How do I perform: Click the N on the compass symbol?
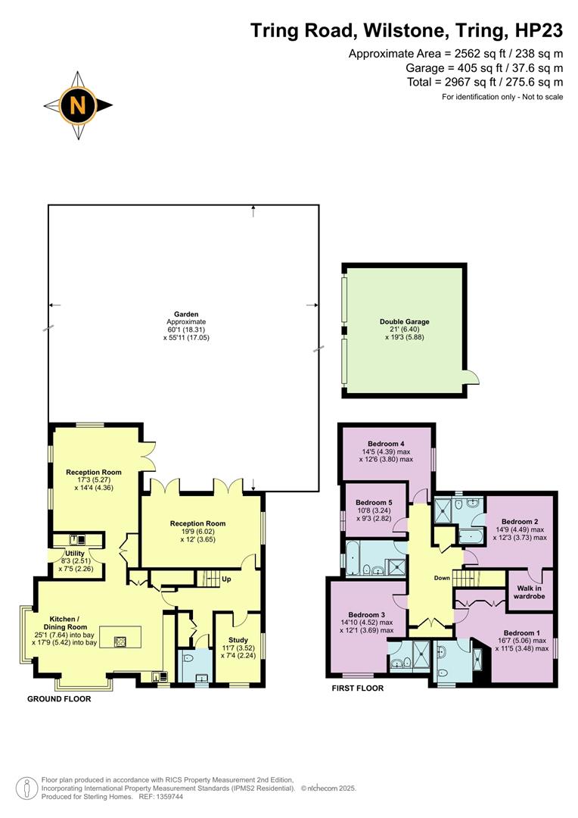78,105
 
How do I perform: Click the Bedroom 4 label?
386,444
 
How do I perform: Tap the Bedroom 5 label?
374,502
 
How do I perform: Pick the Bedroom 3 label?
367,614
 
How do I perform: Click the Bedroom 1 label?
522,633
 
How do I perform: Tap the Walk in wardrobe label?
531,592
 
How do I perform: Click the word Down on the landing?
443,578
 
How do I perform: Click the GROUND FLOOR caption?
59,699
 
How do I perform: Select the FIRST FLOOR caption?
358,688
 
